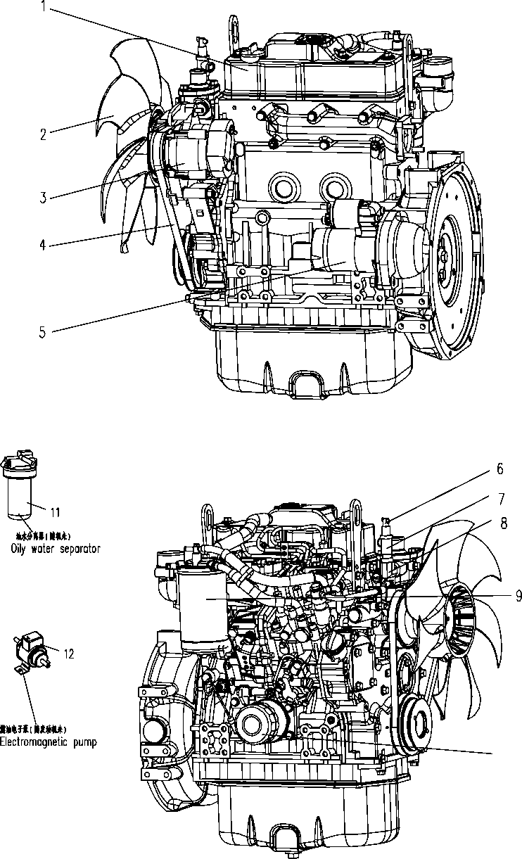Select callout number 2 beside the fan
coord(43,134)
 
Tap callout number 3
coord(43,198)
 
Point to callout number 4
coord(43,246)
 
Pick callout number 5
coord(43,331)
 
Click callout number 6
coord(500,468)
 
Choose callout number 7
coord(500,499)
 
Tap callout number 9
coord(518,596)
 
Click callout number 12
coord(68,654)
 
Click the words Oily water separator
coord(55,549)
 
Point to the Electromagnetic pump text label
coord(48,742)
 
